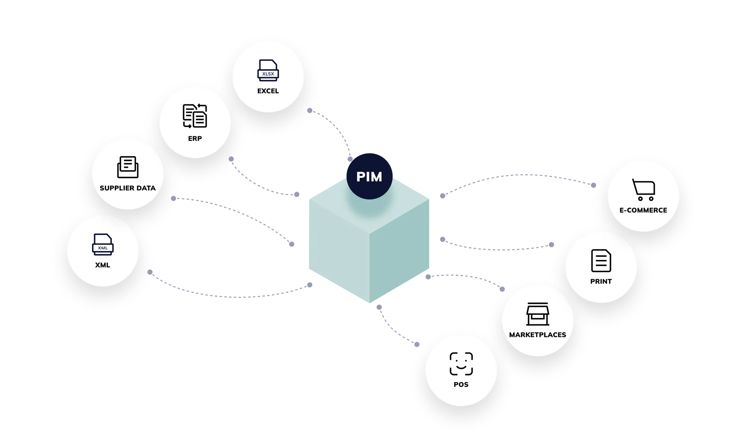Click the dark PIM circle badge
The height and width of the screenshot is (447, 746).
point(369,176)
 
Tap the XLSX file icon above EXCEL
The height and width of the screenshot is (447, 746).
point(268,71)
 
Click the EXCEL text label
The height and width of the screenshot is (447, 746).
point(268,91)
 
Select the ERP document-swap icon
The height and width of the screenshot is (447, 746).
point(195,116)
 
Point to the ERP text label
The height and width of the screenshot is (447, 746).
point(195,139)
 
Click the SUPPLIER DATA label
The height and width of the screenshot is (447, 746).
point(128,188)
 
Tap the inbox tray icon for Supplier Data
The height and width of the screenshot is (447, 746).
point(128,167)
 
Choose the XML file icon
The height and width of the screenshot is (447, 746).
point(103,245)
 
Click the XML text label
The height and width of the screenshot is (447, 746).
point(103,265)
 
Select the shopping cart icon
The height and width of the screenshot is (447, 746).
point(643,190)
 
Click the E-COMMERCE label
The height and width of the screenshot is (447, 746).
point(643,210)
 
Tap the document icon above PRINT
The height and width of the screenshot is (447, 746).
point(601,261)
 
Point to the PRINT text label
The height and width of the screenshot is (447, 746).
point(601,282)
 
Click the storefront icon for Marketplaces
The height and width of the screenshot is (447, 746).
point(537,314)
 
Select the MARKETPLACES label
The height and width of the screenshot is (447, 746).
point(537,335)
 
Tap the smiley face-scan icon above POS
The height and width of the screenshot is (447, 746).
point(461,364)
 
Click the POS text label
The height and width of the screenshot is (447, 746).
point(461,385)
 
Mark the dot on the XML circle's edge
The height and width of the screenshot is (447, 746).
point(150,272)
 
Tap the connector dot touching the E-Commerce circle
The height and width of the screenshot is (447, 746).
point(594,185)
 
